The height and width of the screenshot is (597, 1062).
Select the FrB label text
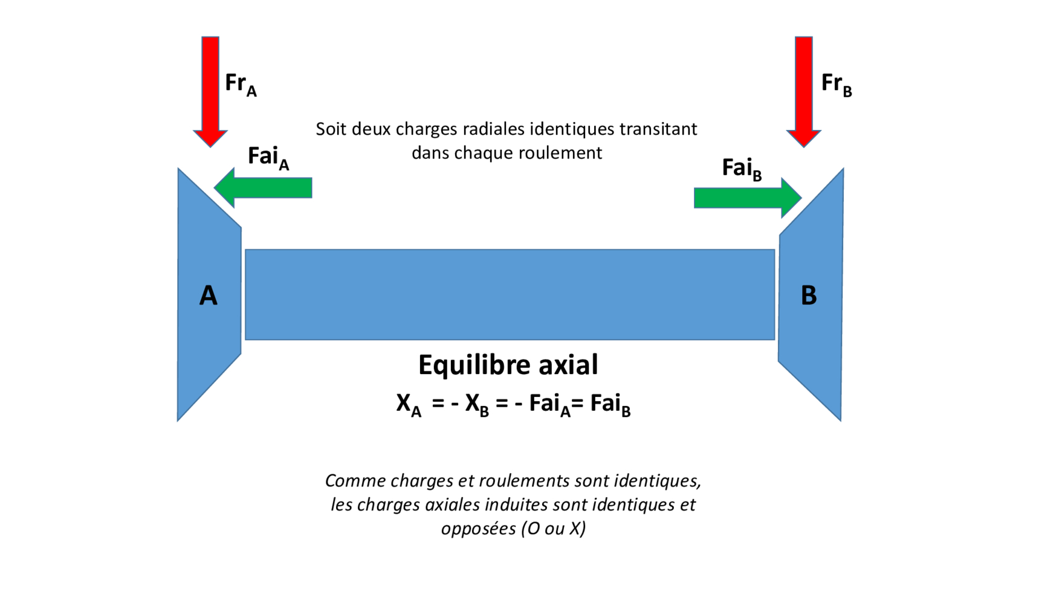pos(836,83)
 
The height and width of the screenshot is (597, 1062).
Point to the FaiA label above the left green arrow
pos(268,157)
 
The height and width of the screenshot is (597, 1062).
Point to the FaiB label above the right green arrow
pos(742,169)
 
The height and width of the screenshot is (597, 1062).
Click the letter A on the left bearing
pos(208,295)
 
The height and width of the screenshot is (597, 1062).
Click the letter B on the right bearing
pos(809,295)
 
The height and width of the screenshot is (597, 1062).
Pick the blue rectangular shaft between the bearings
pos(510,294)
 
